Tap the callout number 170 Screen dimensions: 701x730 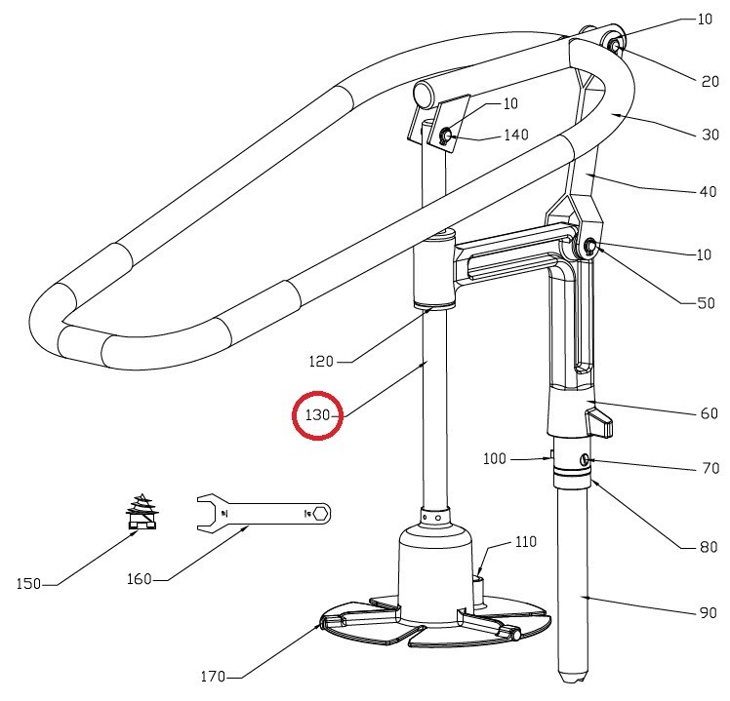click(x=214, y=676)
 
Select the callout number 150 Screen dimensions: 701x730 click(x=29, y=584)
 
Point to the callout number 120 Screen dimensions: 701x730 click(x=320, y=362)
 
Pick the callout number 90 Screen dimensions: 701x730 click(x=709, y=614)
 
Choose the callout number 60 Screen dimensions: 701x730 click(x=709, y=414)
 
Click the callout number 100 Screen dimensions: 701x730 click(x=495, y=457)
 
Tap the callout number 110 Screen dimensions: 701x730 click(x=525, y=541)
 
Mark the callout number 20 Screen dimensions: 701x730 click(x=710, y=82)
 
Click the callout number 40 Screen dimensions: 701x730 click(x=709, y=192)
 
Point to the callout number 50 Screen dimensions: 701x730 click(x=705, y=303)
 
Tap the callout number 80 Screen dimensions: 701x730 click(x=709, y=547)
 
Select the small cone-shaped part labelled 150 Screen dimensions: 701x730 click(x=142, y=511)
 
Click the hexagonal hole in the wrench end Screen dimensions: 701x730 click(x=320, y=512)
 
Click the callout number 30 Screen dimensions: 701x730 click(x=710, y=136)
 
